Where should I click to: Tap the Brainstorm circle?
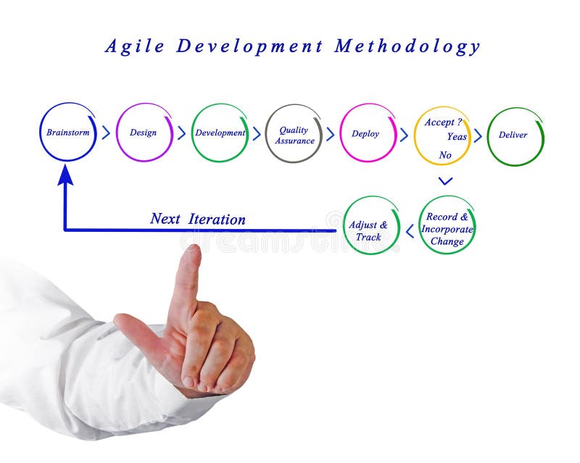67,133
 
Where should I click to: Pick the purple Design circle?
144,133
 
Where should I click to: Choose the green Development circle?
220,133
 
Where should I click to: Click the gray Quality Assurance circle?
294,135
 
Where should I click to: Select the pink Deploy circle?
368,133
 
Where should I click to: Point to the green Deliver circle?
514,135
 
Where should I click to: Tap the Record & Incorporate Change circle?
447,226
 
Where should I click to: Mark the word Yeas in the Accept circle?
457,137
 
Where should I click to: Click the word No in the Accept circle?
445,155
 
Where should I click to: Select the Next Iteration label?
198,219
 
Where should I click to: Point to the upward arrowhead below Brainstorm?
66,175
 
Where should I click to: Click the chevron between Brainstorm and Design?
106,133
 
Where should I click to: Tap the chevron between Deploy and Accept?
403,134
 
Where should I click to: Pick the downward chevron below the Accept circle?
446,180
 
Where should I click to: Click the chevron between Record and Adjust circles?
410,231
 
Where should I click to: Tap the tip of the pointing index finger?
192,251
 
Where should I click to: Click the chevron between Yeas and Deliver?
478,135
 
